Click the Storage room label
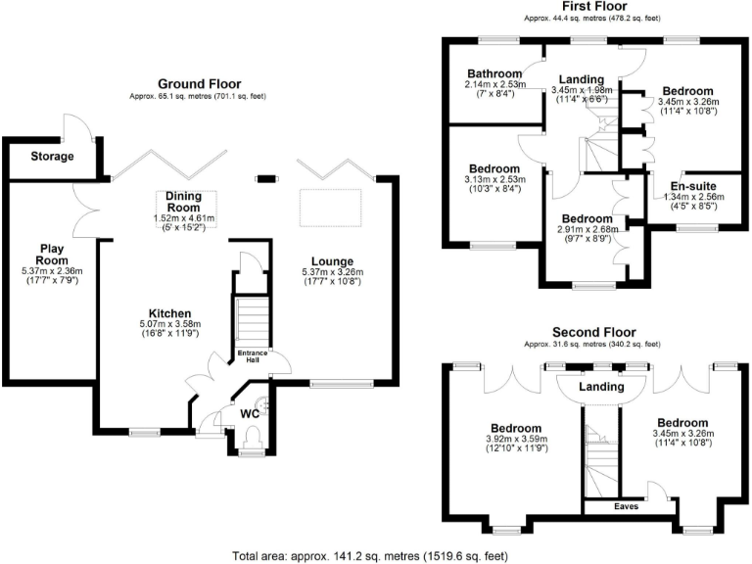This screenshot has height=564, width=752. (52, 156)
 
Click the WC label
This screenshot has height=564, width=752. (252, 413)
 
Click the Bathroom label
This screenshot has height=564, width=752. (493, 73)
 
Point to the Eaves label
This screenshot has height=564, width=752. (627, 507)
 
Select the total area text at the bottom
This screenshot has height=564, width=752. (370, 555)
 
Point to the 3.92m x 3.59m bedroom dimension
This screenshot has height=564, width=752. (515, 440)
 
